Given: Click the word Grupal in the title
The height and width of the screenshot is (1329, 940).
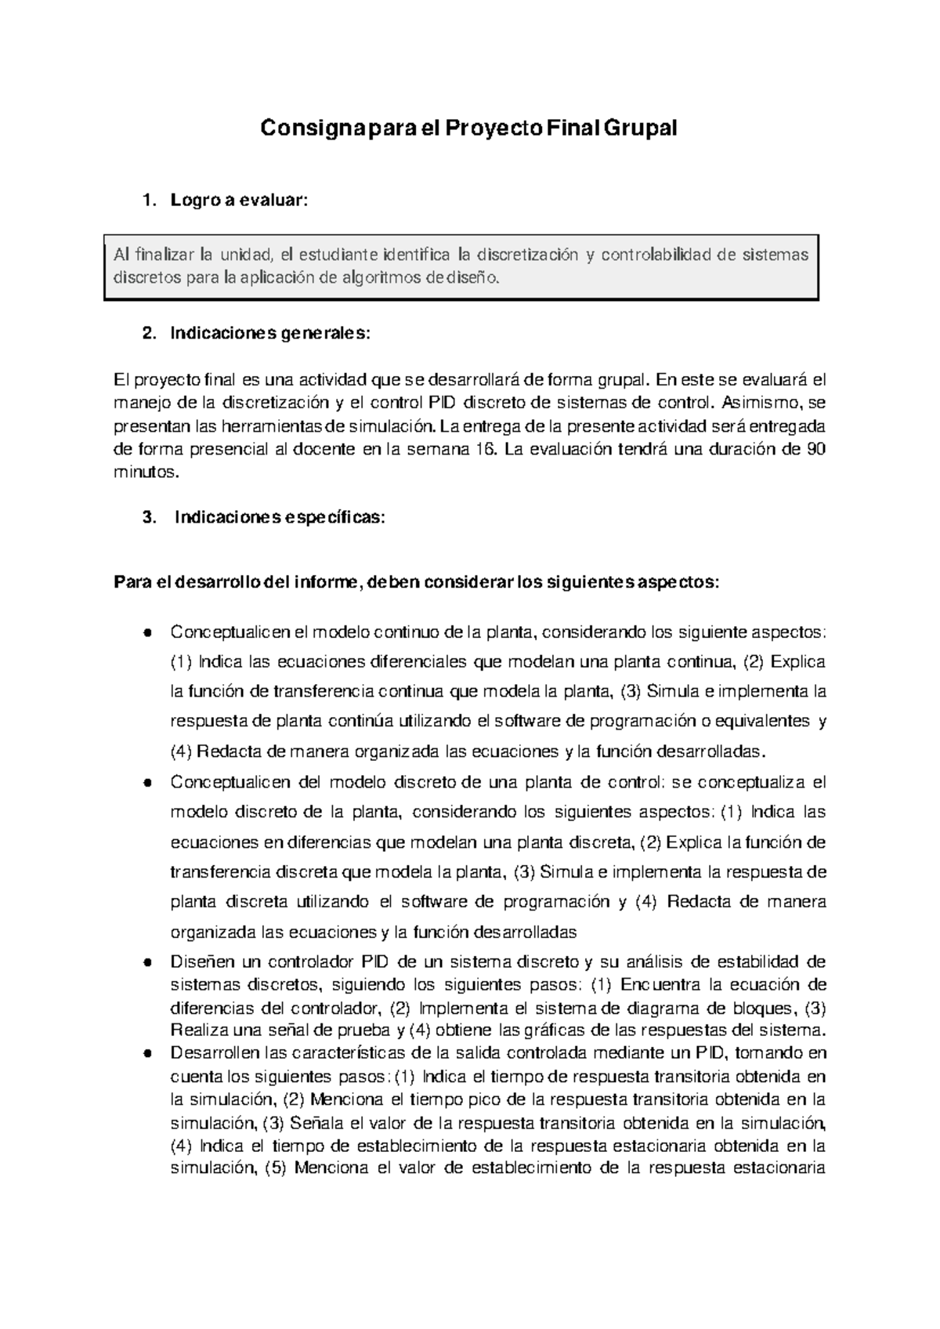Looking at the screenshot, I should [640, 128].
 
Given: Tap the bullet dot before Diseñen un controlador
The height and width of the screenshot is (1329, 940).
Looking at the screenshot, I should [146, 962].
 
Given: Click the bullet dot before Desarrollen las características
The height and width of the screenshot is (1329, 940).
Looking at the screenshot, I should [146, 1053].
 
